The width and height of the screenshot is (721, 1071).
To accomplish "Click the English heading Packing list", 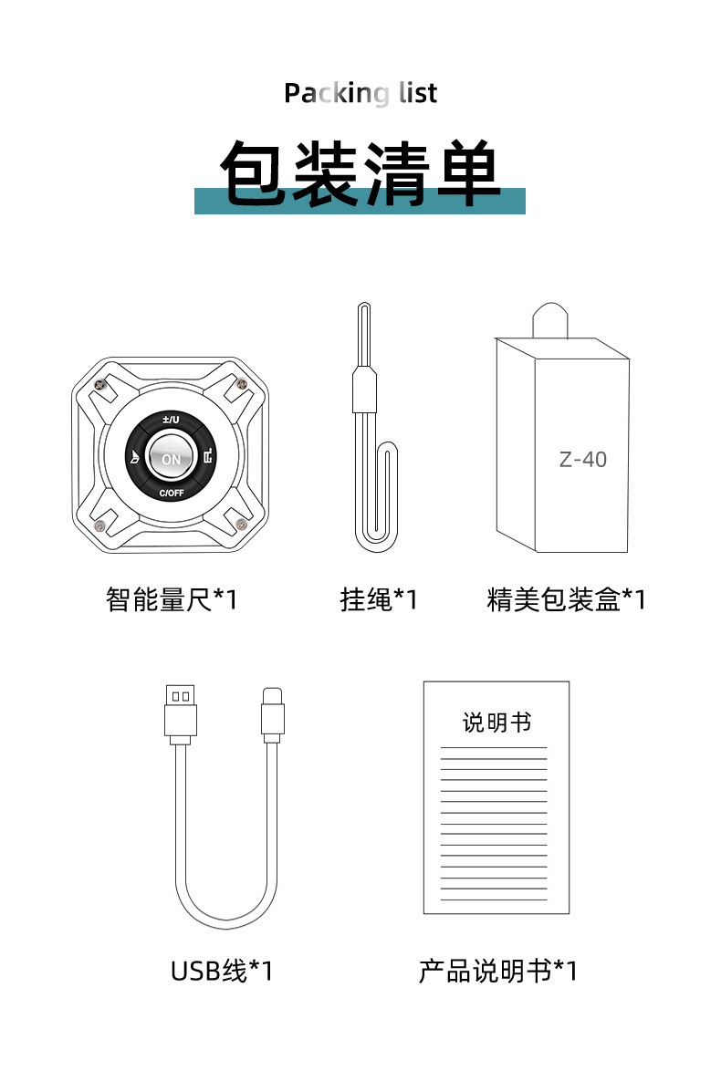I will (x=360, y=93).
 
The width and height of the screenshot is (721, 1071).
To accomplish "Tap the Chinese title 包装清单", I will (x=360, y=173).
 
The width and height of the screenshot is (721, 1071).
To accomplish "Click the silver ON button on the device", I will (x=171, y=459).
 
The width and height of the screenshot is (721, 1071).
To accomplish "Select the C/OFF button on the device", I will (x=171, y=494).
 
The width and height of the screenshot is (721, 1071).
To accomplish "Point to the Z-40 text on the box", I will (x=582, y=459).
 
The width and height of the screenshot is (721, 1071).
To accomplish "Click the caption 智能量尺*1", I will (x=171, y=599).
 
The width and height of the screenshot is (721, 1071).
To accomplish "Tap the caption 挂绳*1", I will (x=378, y=599).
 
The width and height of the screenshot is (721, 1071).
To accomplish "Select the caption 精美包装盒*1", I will (x=566, y=599).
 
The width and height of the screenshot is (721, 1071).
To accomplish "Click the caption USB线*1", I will (x=221, y=971).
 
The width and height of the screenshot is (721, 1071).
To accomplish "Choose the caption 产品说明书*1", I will (x=497, y=971).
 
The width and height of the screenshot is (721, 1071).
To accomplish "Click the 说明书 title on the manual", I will (x=496, y=723).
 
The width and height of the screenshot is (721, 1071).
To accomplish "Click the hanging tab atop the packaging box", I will (x=550, y=319).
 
